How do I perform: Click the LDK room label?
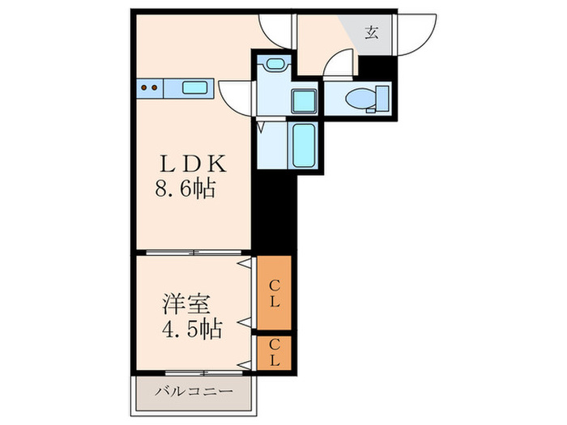(x=191, y=164)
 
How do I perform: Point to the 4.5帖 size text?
(x=191, y=330)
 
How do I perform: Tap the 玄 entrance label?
(x=371, y=34)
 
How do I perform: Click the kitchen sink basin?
(x=197, y=88)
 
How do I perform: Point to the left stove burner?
(x=143, y=87)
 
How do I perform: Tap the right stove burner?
(x=153, y=87)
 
